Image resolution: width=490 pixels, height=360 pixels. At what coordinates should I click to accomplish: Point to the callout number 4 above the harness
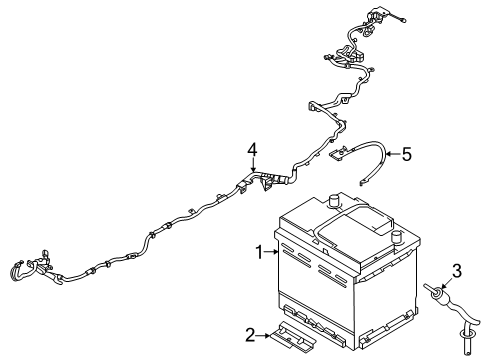click(254, 150)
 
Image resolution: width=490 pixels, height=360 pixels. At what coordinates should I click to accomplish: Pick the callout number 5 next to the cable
click(406, 154)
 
